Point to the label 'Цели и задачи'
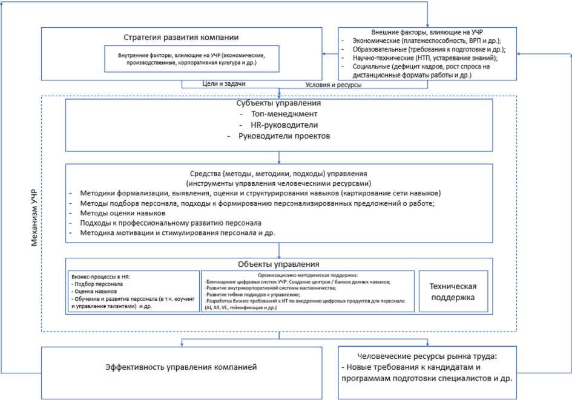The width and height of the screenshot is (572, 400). (224, 84)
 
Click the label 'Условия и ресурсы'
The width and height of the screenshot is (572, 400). (334, 85)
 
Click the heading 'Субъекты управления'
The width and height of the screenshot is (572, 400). (278, 103)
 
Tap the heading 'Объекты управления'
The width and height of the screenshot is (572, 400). (278, 264)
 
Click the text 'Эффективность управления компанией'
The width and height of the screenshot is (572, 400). (180, 367)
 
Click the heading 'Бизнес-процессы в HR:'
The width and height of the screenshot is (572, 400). (100, 276)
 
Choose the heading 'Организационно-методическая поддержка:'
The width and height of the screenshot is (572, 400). (309, 275)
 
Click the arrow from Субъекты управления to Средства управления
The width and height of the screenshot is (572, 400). (279, 157)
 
